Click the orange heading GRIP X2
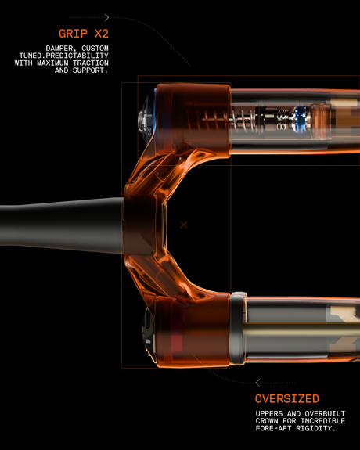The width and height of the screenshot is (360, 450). (84, 34)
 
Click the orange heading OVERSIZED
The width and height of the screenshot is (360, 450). (286, 398)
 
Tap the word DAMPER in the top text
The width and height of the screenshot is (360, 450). (60, 49)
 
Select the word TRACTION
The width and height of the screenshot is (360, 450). (91, 63)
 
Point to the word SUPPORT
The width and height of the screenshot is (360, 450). (90, 70)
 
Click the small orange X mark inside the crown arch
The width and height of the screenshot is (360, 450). (183, 225)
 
